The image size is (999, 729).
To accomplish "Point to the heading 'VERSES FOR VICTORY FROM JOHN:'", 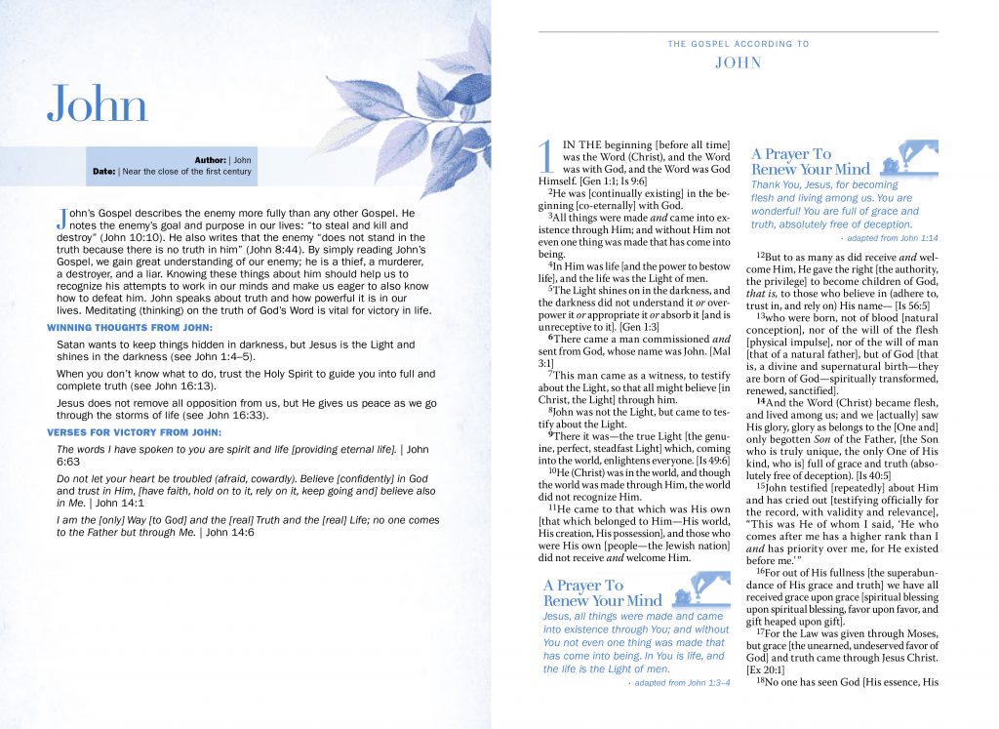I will click(135, 432).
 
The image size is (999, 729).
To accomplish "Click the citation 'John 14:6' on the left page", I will click(231, 533).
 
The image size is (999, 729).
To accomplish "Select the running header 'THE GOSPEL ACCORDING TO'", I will click(739, 44).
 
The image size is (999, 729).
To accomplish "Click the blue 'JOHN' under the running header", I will click(739, 62).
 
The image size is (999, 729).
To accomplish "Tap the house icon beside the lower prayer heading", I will click(698, 590).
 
